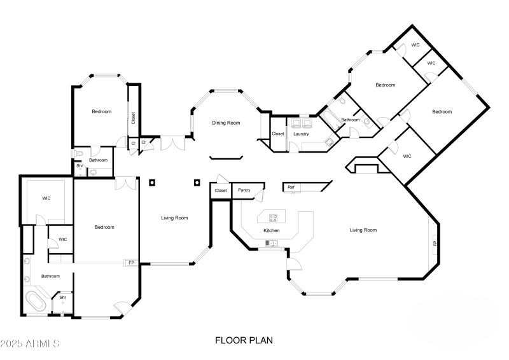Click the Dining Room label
coord(226,123)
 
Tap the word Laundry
coord(301,134)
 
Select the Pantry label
coord(244,190)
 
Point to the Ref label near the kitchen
coord(291,187)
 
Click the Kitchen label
coord(272,230)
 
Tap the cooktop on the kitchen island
coord(273,218)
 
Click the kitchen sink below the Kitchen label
coord(272,243)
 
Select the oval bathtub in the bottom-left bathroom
coord(36,301)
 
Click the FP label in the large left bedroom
coord(132,263)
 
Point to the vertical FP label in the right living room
coord(435,243)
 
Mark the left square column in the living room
coord(152,183)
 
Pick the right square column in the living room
coord(197,183)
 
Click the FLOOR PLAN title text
coord(244,340)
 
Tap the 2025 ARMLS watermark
coord(30,343)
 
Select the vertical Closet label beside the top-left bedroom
coord(133,118)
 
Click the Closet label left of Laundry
coord(278,134)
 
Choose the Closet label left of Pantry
coord(221,190)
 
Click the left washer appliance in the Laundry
coord(296,123)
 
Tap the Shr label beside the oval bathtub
coord(62,297)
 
